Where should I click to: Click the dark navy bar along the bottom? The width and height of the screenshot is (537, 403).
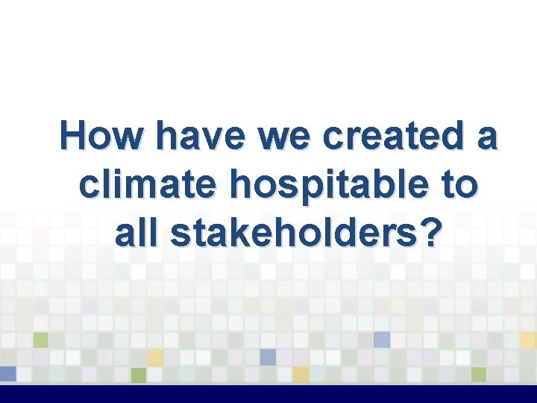(268, 394)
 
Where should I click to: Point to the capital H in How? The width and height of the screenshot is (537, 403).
(74, 137)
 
